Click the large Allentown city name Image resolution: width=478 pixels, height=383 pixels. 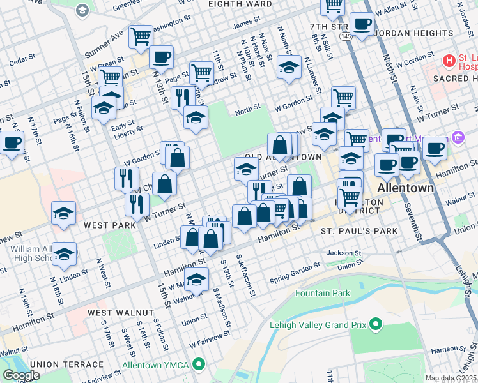(406, 189)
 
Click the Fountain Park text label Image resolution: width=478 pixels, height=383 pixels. (323, 294)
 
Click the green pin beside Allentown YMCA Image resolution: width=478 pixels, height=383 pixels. (199, 366)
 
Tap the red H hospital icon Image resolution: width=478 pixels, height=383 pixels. (449, 61)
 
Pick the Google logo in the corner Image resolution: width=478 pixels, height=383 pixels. (21, 375)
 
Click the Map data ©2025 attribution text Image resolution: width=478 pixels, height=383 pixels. (451, 378)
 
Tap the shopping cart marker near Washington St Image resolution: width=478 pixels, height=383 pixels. (141, 36)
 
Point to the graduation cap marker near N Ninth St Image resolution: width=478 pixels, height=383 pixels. (289, 66)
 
